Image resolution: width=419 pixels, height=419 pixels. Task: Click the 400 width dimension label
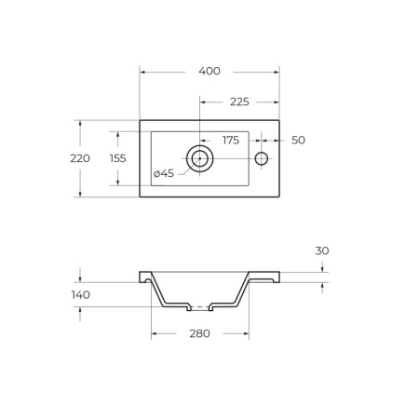tap(209, 71)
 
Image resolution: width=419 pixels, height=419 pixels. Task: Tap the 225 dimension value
tap(239, 101)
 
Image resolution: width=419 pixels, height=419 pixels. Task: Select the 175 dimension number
tap(231, 141)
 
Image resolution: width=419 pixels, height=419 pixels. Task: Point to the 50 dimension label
tap(298, 141)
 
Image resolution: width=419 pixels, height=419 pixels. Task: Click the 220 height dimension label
tap(80, 158)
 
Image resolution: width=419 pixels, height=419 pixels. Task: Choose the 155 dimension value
tap(118, 158)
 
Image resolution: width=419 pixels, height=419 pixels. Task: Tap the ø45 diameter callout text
tap(164, 173)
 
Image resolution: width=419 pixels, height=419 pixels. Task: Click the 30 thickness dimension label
tap(322, 250)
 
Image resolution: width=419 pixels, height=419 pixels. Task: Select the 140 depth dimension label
tap(81, 295)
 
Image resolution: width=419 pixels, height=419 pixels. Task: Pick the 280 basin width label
tap(200, 333)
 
